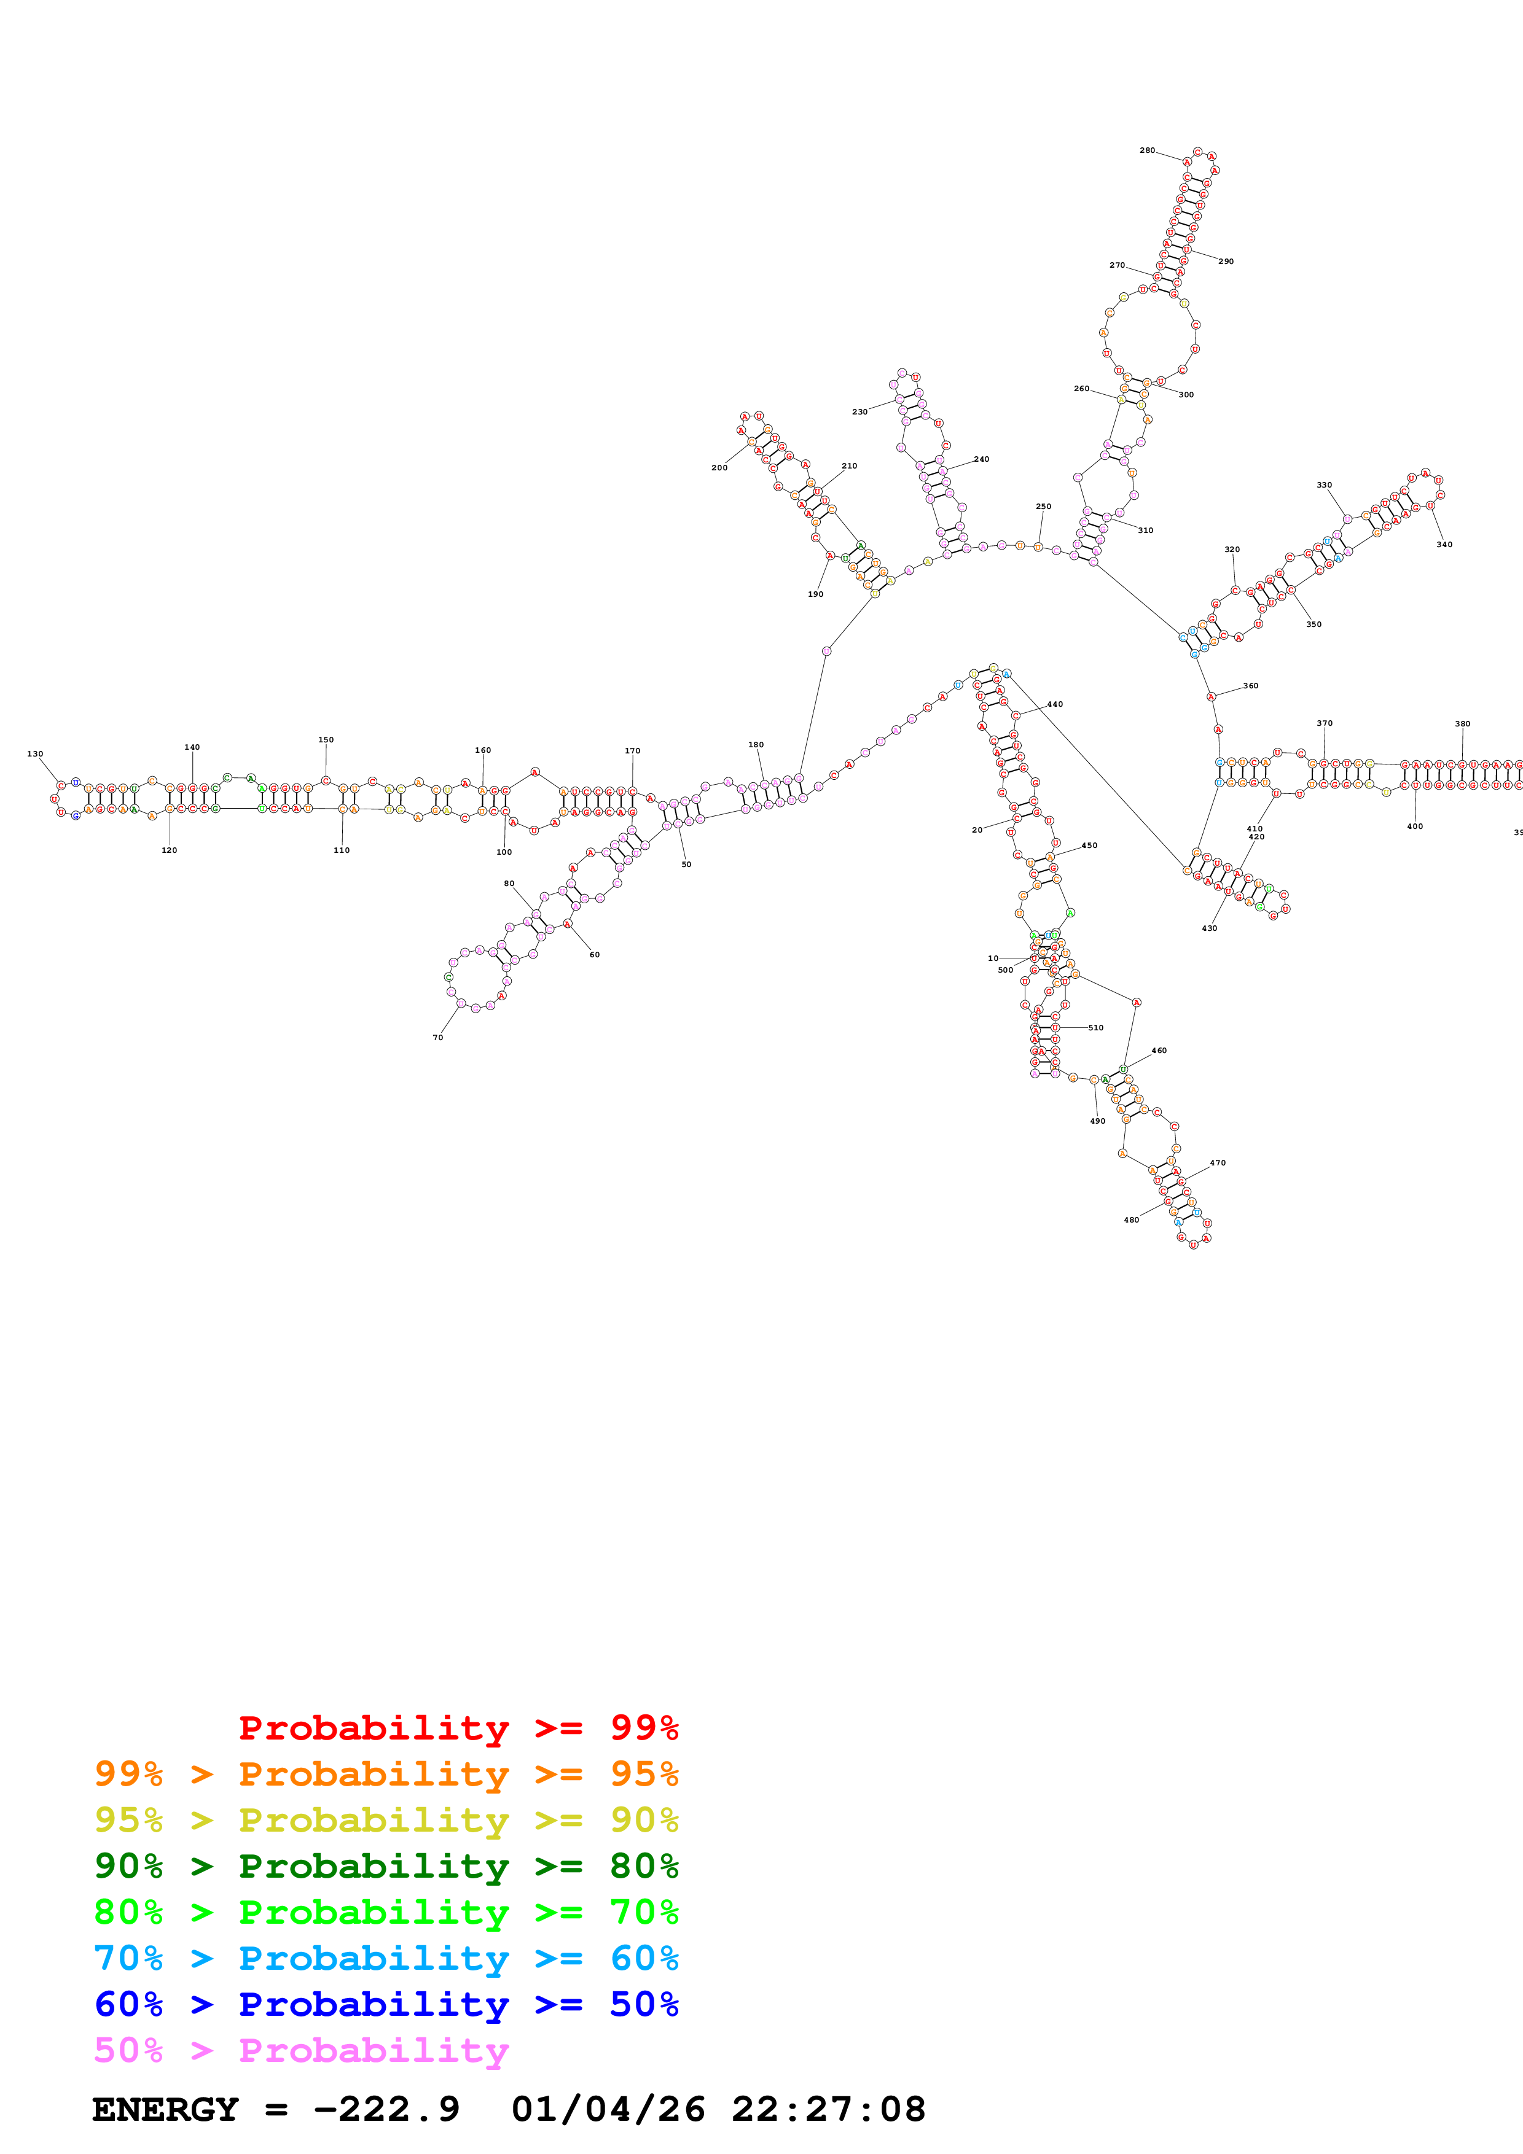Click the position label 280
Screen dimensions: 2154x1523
1147,150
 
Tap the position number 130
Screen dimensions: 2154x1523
35,753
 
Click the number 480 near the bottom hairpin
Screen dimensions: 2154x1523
1131,1219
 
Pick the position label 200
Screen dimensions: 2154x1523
719,467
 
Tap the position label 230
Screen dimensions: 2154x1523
859,412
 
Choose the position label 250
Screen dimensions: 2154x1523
1043,506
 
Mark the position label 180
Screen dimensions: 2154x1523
756,744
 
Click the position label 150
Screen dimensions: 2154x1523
326,739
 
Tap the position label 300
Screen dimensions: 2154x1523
1186,394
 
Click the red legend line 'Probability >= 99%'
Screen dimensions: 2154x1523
458,1727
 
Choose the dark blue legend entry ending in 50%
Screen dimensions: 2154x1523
386,2004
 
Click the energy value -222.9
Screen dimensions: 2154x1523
386,2109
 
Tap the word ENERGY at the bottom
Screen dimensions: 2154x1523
165,2109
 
